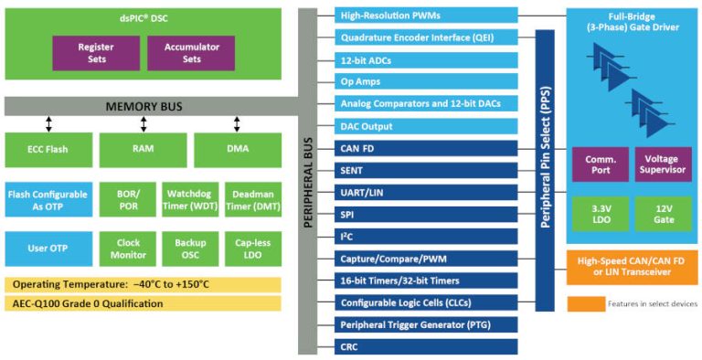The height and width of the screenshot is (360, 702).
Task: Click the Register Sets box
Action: (x=95, y=53)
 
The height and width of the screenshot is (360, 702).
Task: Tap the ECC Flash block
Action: (x=48, y=148)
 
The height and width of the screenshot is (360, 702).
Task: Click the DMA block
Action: (x=237, y=148)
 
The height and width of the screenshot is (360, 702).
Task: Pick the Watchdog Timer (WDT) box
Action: (x=189, y=199)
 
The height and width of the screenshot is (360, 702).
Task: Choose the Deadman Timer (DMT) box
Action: (x=252, y=199)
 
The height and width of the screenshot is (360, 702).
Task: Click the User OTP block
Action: (x=48, y=249)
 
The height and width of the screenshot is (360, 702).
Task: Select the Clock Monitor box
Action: (x=128, y=249)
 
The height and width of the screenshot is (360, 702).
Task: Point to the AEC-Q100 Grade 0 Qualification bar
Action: (x=143, y=302)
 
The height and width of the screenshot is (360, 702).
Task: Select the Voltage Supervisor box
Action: (x=662, y=164)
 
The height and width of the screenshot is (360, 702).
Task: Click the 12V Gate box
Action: (x=662, y=214)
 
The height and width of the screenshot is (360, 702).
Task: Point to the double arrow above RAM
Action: (x=144, y=123)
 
